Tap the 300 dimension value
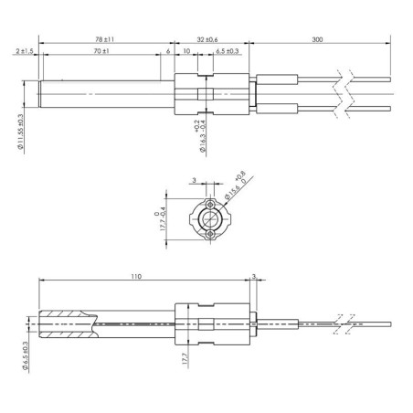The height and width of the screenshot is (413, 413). [316, 39]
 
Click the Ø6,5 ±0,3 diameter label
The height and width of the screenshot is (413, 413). [23, 351]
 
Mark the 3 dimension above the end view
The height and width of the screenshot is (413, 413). [195, 182]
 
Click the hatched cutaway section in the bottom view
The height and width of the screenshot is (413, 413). [66, 318]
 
